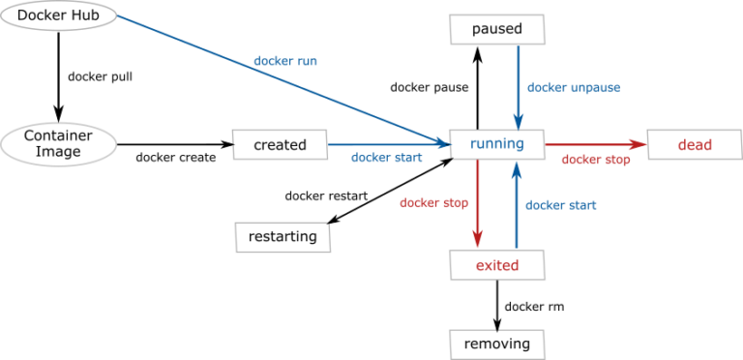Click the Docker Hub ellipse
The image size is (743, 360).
tap(58, 15)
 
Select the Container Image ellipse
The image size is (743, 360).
tap(58, 144)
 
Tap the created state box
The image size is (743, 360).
tap(280, 145)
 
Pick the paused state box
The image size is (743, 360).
tap(497, 29)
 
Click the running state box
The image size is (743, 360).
tap(497, 144)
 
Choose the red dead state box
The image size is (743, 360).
tap(695, 145)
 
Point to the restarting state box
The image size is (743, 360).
tap(282, 236)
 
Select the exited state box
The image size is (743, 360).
tap(497, 265)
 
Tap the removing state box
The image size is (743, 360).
tap(497, 344)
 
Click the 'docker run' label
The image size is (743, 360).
tap(285, 61)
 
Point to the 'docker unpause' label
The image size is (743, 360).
tap(574, 87)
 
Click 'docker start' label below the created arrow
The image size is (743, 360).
tap(386, 158)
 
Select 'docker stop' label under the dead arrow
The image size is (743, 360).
tap(596, 160)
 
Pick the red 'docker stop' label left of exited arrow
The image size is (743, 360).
tap(434, 203)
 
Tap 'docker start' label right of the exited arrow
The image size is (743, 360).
tap(561, 205)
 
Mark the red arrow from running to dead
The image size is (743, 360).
tap(595, 145)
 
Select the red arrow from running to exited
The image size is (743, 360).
tap(478, 203)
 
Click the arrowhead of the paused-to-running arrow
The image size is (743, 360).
tap(518, 122)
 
